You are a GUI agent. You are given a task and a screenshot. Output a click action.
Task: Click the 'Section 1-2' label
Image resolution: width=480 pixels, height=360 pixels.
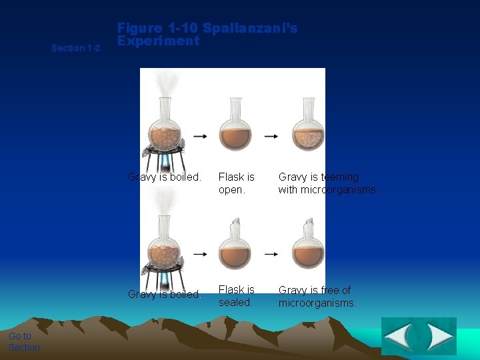point(76,48)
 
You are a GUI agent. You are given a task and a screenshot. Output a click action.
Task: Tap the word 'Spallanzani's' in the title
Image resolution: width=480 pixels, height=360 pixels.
point(250,28)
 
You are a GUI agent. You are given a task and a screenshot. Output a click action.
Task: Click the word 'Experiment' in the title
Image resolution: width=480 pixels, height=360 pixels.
point(158,41)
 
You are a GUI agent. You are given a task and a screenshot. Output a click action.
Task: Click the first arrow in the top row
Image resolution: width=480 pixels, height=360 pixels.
point(199,136)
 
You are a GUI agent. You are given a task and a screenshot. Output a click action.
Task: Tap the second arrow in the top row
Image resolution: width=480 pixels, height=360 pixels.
point(271,136)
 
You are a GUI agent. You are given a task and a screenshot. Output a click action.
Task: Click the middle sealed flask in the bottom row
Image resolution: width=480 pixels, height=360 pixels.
point(235,245)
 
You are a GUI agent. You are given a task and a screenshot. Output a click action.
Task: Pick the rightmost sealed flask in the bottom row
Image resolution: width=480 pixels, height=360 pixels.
point(308,245)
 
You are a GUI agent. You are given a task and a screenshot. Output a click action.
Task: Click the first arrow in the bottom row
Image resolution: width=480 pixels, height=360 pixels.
point(199,254)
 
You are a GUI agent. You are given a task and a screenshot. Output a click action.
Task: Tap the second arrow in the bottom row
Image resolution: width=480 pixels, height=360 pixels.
point(271,254)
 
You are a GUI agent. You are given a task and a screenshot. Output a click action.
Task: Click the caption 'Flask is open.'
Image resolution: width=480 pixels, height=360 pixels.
point(236,183)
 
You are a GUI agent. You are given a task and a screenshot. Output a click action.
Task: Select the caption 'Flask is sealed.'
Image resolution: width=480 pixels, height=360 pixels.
point(236,296)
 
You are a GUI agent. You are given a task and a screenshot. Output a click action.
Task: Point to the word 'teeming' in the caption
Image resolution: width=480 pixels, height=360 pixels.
point(339,177)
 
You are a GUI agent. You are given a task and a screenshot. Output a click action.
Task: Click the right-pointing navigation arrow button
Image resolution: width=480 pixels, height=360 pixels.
point(439,337)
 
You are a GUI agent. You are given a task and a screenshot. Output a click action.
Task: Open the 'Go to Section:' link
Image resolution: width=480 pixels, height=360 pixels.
point(25,341)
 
